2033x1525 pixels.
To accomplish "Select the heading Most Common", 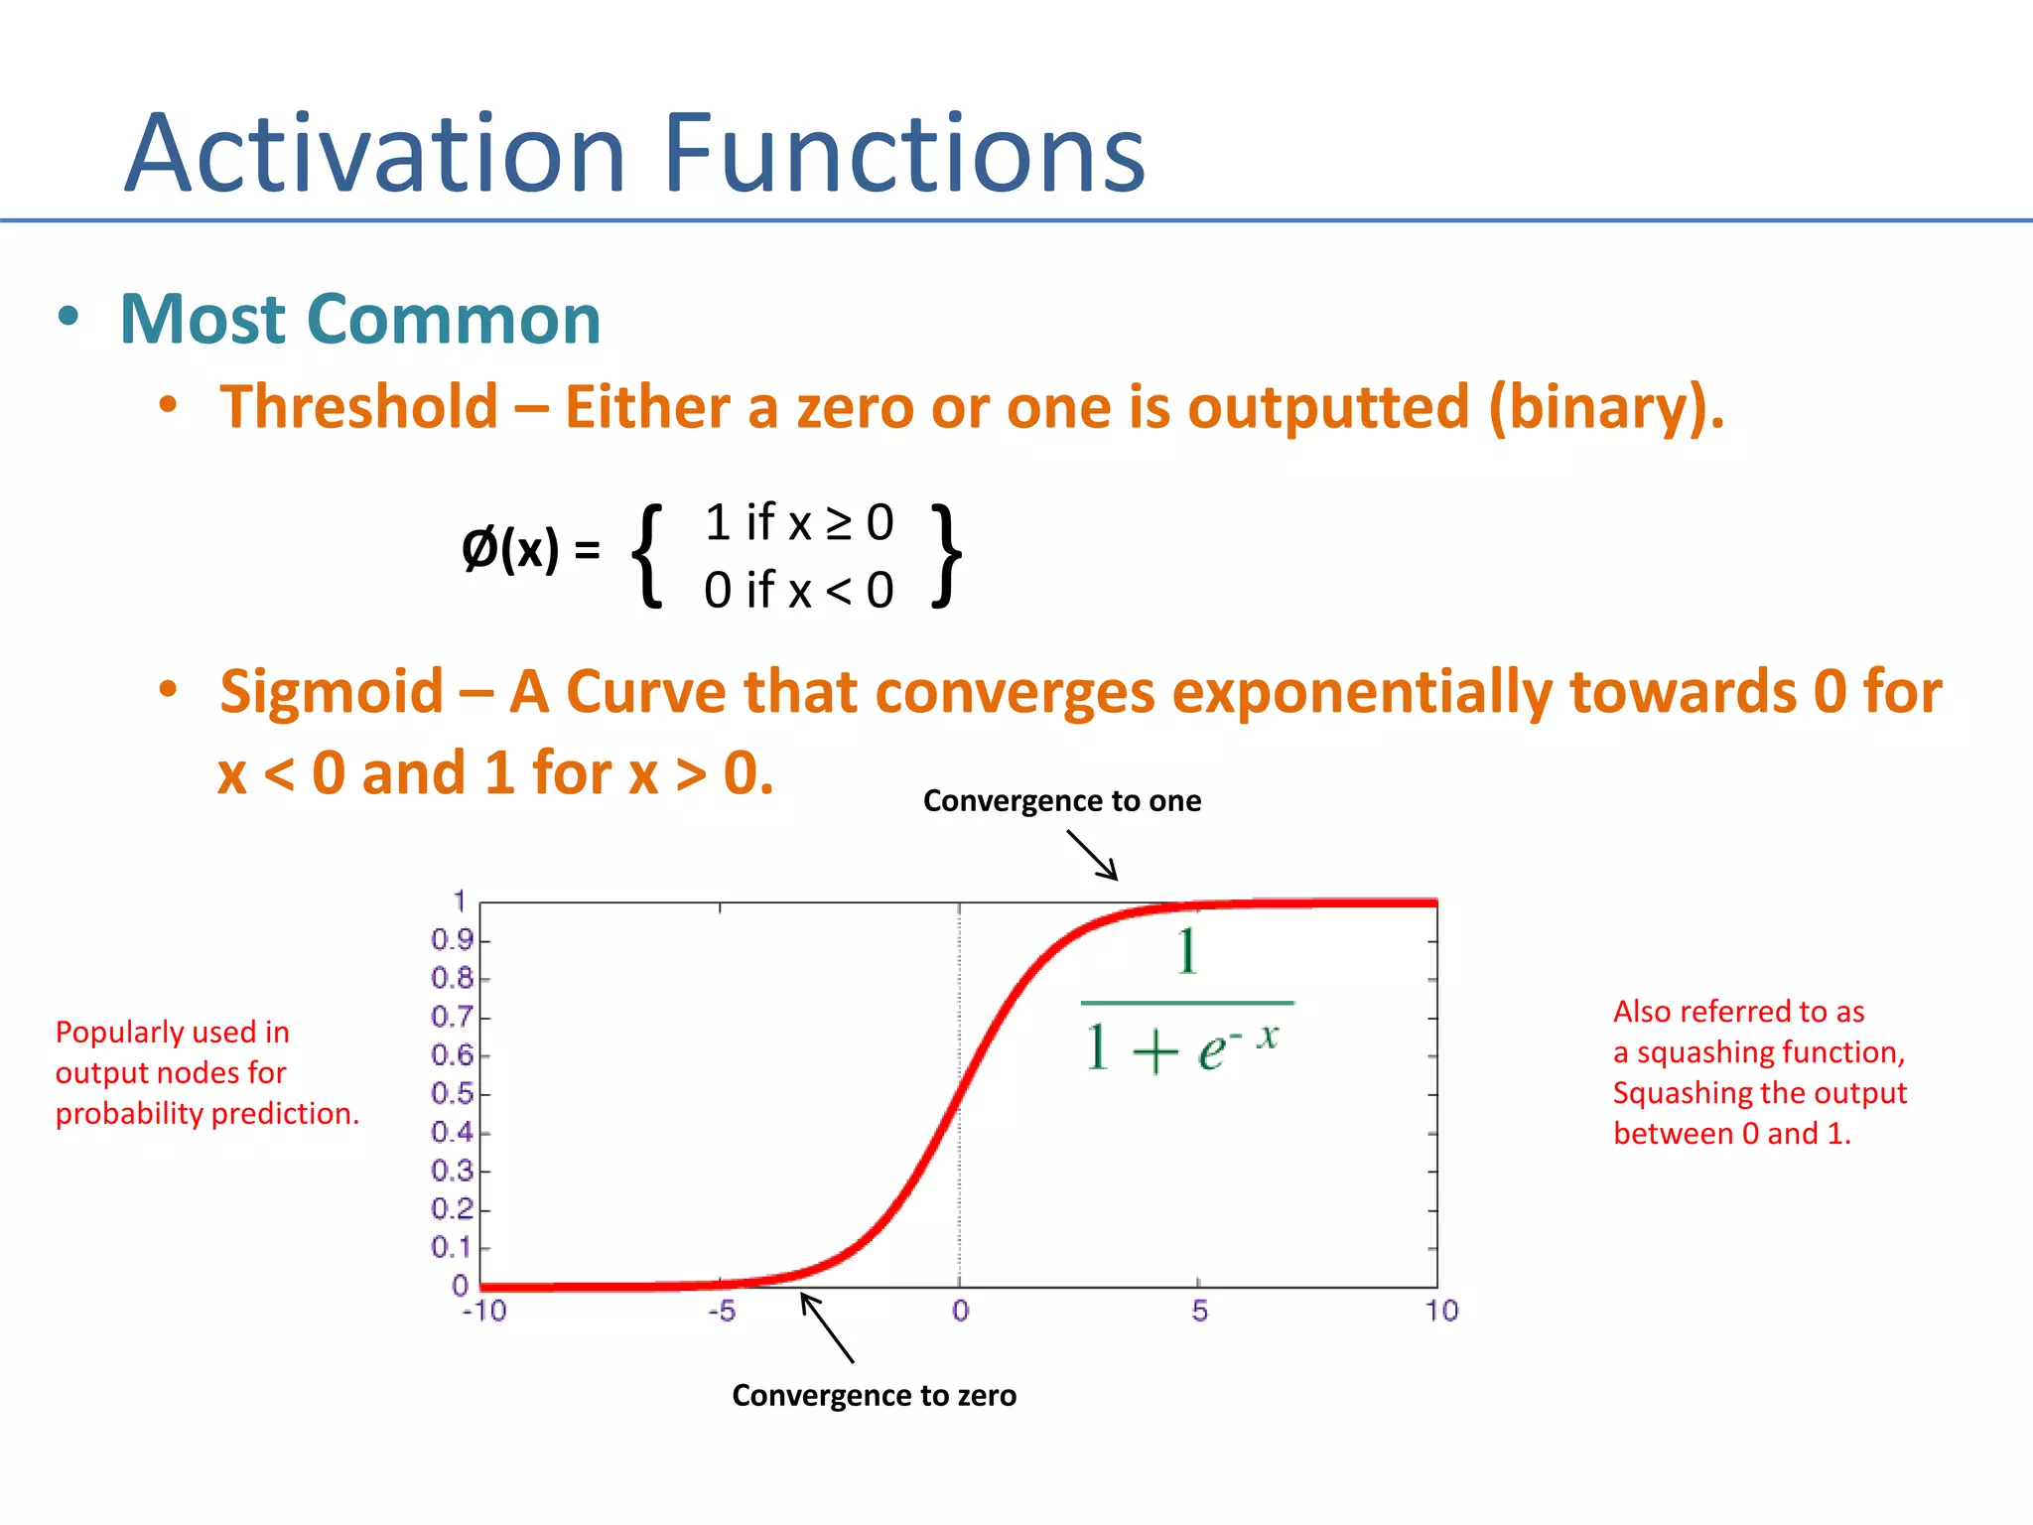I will tap(359, 320).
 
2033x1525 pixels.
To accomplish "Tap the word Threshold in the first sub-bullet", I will tap(358, 407).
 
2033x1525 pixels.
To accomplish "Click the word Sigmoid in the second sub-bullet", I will tap(332, 691).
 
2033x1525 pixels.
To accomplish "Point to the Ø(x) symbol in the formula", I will tap(510, 549).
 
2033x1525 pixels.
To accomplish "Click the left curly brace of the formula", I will tap(648, 555).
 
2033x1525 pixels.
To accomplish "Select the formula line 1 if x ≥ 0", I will tap(799, 522).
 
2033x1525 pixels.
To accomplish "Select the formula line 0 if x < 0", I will tap(799, 591).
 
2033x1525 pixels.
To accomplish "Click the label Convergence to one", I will tap(1061, 801).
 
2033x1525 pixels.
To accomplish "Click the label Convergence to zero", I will tap(874, 1396).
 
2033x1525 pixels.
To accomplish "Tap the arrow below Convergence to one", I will tap(1093, 855).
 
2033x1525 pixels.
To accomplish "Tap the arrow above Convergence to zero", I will tap(827, 1327).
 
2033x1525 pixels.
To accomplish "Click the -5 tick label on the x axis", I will tap(722, 1312).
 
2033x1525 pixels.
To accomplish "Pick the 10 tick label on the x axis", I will tap(1441, 1312).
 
